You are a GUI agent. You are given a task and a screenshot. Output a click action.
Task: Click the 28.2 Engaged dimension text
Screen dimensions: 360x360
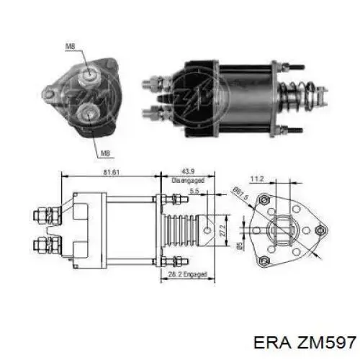(187, 274)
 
